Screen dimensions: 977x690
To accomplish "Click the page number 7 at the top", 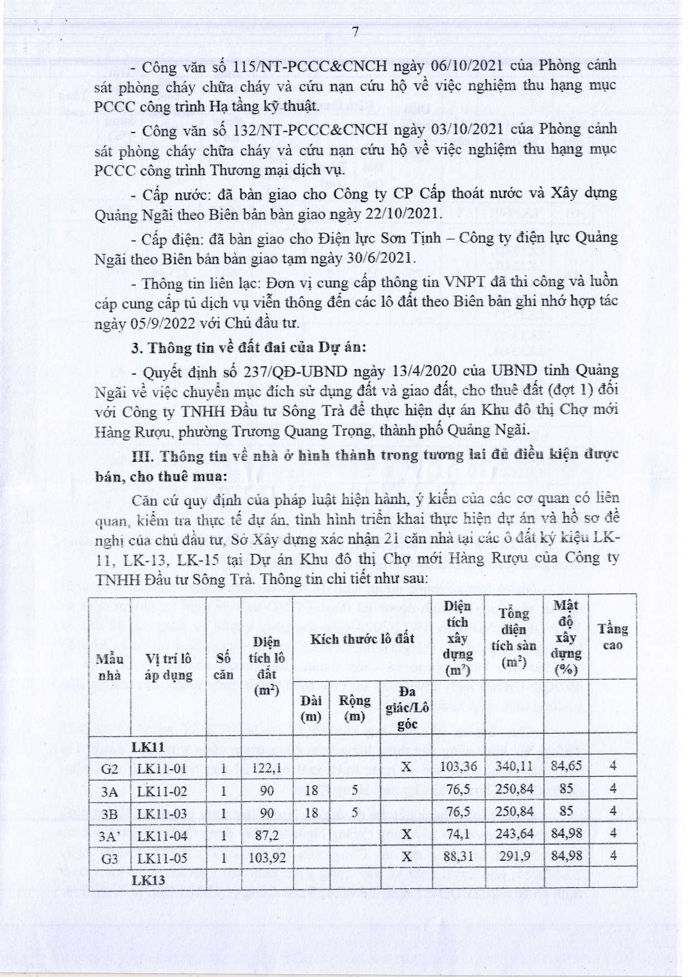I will (356, 32).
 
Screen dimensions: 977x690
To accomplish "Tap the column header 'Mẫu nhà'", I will (110, 667).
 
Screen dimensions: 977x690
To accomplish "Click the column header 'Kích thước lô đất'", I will (362, 638).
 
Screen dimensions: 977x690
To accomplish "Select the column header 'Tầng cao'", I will (612, 637).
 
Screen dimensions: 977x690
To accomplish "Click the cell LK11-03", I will (162, 812).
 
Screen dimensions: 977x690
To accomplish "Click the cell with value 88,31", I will (457, 857).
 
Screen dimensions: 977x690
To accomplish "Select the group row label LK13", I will (148, 880).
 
